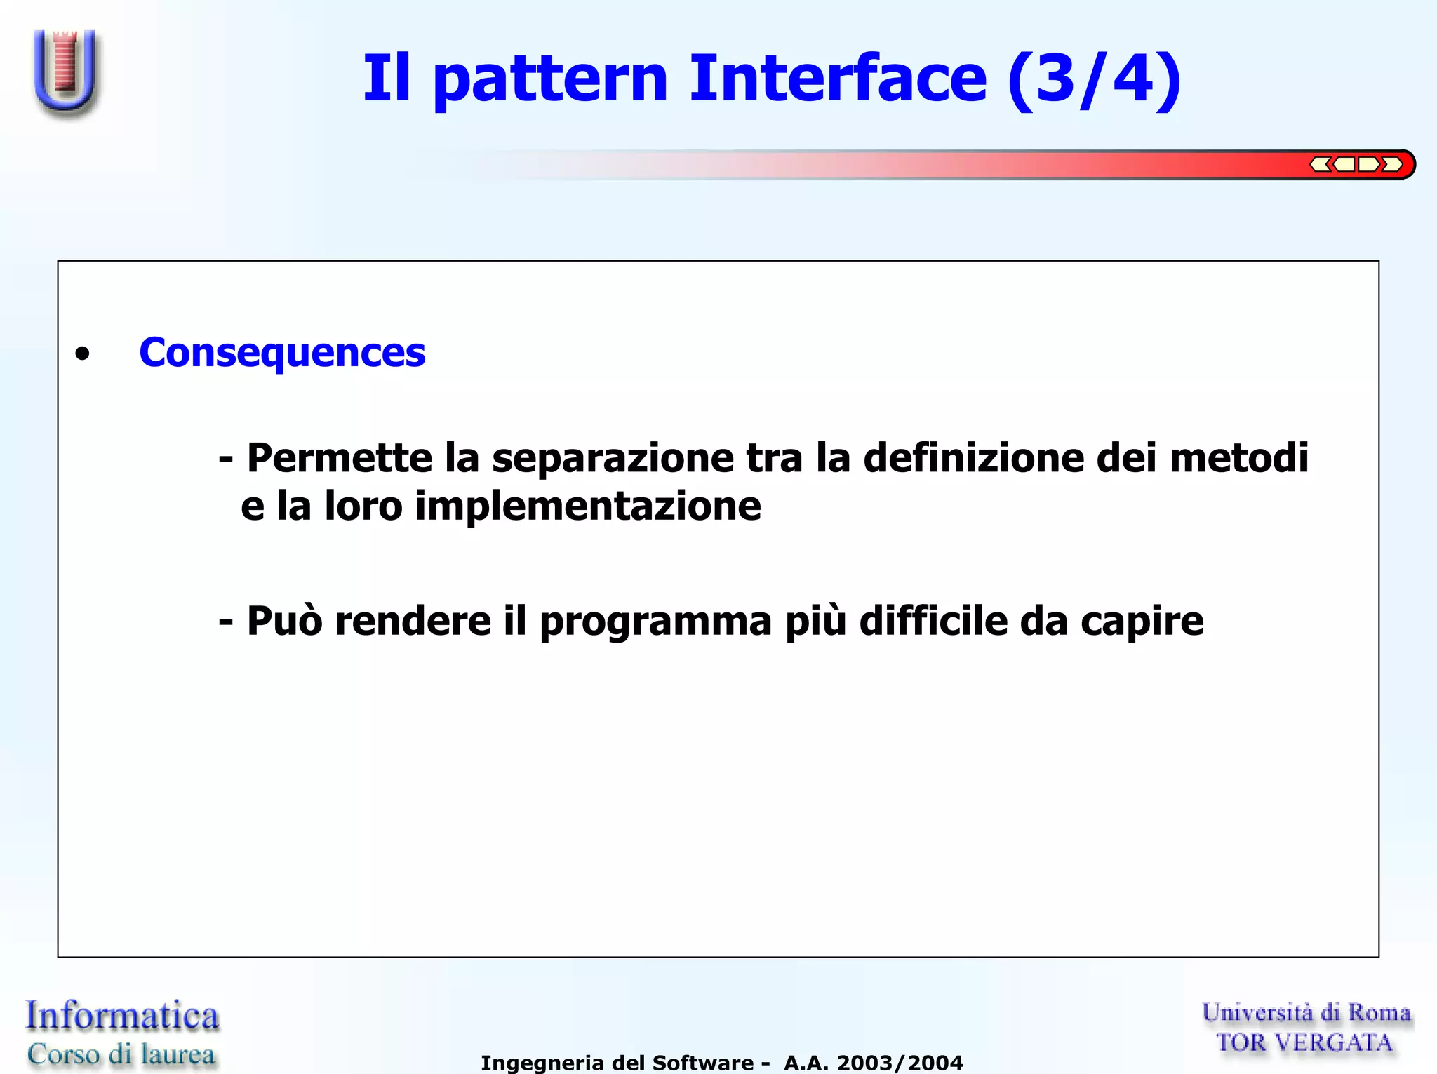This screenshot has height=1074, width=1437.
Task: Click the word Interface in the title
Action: (x=838, y=79)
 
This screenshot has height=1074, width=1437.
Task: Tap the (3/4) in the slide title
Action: (x=1095, y=79)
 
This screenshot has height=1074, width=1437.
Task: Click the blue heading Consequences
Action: (x=282, y=352)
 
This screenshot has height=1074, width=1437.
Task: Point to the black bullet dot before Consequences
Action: (x=83, y=354)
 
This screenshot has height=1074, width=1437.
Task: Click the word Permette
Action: (x=340, y=458)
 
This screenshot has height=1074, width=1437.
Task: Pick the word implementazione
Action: (x=588, y=506)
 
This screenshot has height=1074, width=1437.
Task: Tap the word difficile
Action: (x=933, y=621)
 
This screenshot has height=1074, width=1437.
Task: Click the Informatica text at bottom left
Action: (x=123, y=1016)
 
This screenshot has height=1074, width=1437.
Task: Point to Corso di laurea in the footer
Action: (x=121, y=1054)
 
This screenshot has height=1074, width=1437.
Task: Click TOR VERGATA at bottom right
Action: (x=1304, y=1043)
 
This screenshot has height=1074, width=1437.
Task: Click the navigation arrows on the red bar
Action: (x=1356, y=164)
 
